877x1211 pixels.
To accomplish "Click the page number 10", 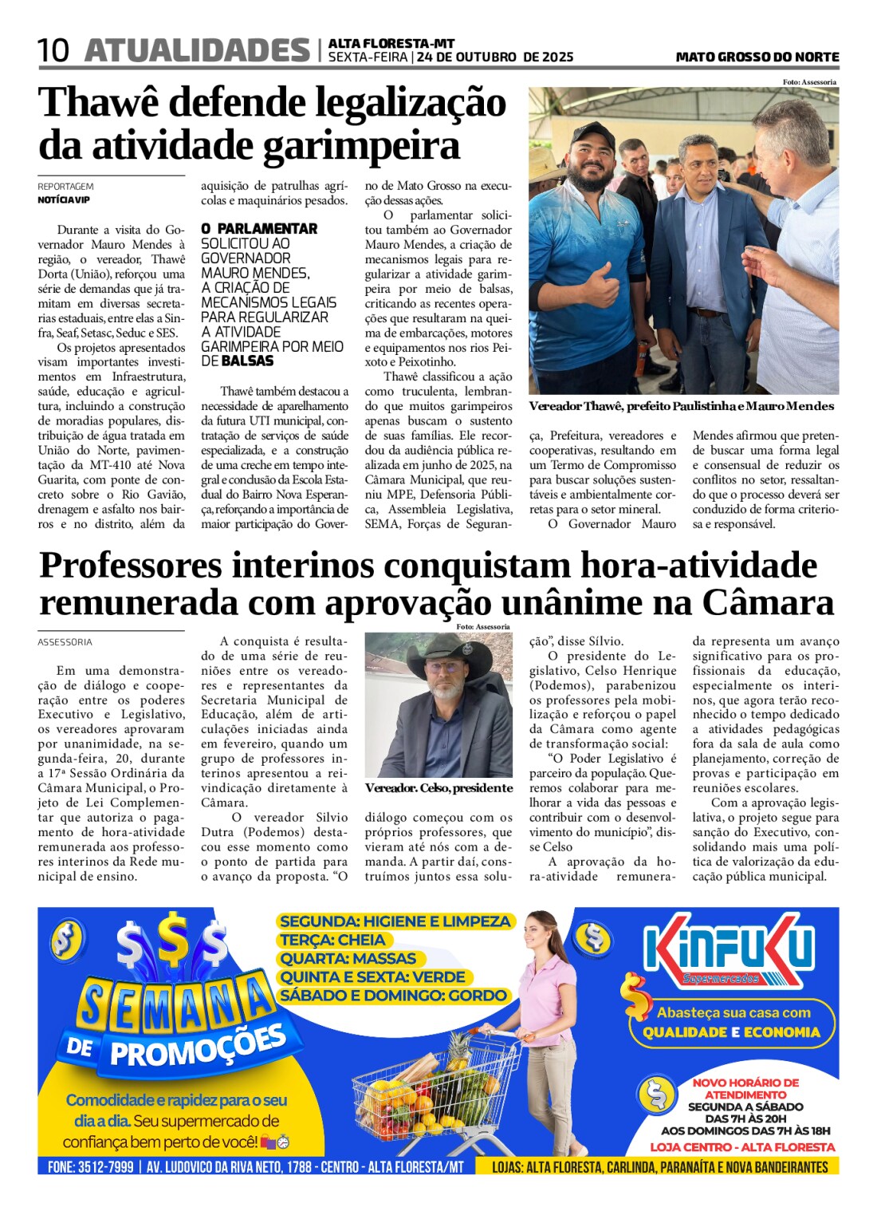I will pyautogui.click(x=53, y=51).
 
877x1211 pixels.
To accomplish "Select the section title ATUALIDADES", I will pyautogui.click(x=197, y=50).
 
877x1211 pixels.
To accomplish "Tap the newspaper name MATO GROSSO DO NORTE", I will pyautogui.click(x=757, y=57).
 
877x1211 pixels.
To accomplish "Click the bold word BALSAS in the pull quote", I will pyautogui.click(x=247, y=361).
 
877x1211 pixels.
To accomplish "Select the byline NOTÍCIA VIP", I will pyautogui.click(x=64, y=199).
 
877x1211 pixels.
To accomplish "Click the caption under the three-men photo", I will pyautogui.click(x=681, y=407).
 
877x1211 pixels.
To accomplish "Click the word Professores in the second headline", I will pyautogui.click(x=132, y=566).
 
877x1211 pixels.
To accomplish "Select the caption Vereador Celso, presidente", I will pyautogui.click(x=438, y=788).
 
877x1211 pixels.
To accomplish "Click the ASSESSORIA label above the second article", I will pyautogui.click(x=65, y=642).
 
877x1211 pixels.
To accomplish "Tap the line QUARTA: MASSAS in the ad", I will pyautogui.click(x=348, y=958).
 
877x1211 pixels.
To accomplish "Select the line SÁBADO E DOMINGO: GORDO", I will pyautogui.click(x=394, y=996).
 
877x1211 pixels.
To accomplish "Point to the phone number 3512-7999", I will pyautogui.click(x=105, y=1166).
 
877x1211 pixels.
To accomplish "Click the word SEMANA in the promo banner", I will pyautogui.click(x=175, y=1004).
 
